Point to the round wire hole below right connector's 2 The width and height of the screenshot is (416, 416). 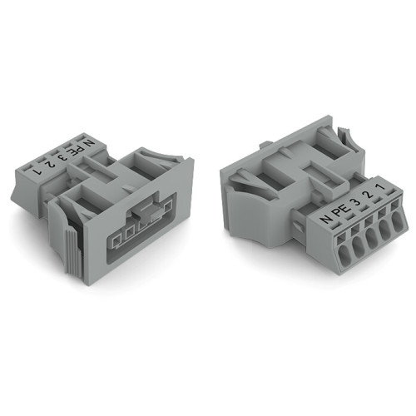point(374,233)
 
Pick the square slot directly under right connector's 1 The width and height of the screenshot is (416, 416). point(386,205)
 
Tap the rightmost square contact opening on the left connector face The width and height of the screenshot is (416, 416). point(159,217)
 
